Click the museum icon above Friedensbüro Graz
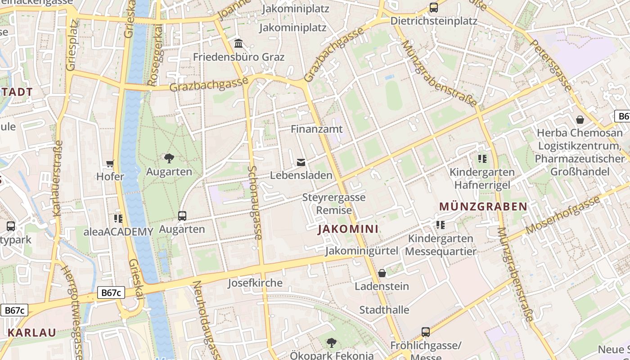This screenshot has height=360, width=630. click(238, 44)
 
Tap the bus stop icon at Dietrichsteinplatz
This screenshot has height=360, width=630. click(433, 8)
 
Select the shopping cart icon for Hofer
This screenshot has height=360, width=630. click(110, 163)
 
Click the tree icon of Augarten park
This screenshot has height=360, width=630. click(169, 158)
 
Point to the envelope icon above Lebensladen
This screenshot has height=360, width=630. click(301, 162)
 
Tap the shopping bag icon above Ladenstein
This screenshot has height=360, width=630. click(382, 273)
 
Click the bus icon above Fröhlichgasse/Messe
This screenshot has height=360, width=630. click(426, 332)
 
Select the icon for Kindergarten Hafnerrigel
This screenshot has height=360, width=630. click(482, 159)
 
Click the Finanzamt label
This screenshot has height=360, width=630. click(317, 129)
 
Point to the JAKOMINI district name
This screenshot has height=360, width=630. click(348, 229)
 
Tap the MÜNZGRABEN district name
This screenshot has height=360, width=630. click(483, 207)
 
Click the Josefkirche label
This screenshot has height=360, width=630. click(255, 283)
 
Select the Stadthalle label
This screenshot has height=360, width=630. click(384, 310)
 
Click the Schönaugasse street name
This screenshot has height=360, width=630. click(255, 202)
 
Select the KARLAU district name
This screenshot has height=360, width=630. click(32, 333)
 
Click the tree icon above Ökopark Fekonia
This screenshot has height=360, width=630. click(332, 342)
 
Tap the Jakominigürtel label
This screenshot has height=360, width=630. click(362, 251)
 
